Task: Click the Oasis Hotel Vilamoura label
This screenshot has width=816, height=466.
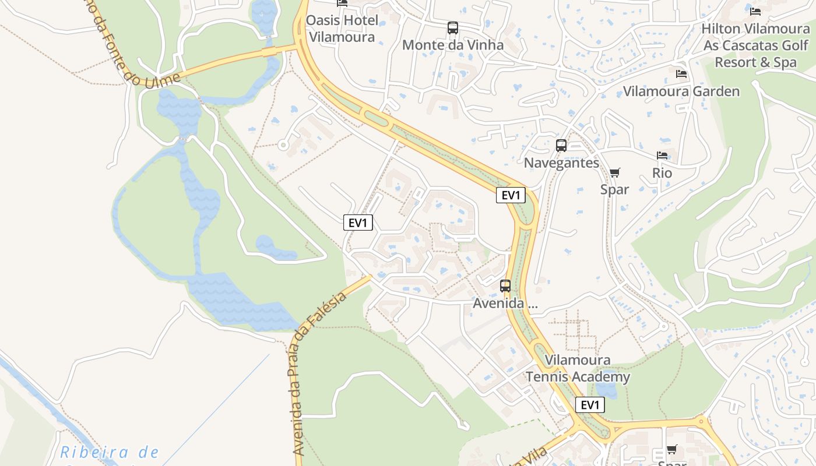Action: (x=343, y=29)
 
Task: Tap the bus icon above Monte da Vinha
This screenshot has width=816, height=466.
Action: (x=453, y=27)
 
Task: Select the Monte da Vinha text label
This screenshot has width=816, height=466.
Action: (x=453, y=45)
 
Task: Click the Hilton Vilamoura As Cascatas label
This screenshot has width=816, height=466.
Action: (x=755, y=45)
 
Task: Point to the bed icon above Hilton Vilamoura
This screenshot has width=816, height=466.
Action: (x=755, y=11)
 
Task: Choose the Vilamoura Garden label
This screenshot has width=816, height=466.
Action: (x=681, y=91)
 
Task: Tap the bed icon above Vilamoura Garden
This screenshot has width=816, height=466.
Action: (x=681, y=74)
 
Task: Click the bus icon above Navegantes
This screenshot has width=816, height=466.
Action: (x=561, y=146)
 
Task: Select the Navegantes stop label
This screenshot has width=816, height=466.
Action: (x=561, y=163)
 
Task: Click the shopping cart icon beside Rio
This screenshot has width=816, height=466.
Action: (x=614, y=172)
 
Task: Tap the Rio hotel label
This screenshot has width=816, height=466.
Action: (x=662, y=173)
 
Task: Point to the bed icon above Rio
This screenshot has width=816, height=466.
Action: (x=662, y=156)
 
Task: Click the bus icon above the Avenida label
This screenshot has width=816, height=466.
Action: (x=505, y=286)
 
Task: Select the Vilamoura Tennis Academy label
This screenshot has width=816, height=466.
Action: (x=578, y=369)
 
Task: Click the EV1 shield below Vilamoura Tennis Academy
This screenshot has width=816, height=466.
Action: (x=590, y=405)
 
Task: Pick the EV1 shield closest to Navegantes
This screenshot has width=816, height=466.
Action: (x=511, y=195)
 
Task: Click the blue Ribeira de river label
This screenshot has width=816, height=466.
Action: (x=110, y=453)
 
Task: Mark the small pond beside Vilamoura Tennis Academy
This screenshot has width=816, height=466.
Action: (x=606, y=390)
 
